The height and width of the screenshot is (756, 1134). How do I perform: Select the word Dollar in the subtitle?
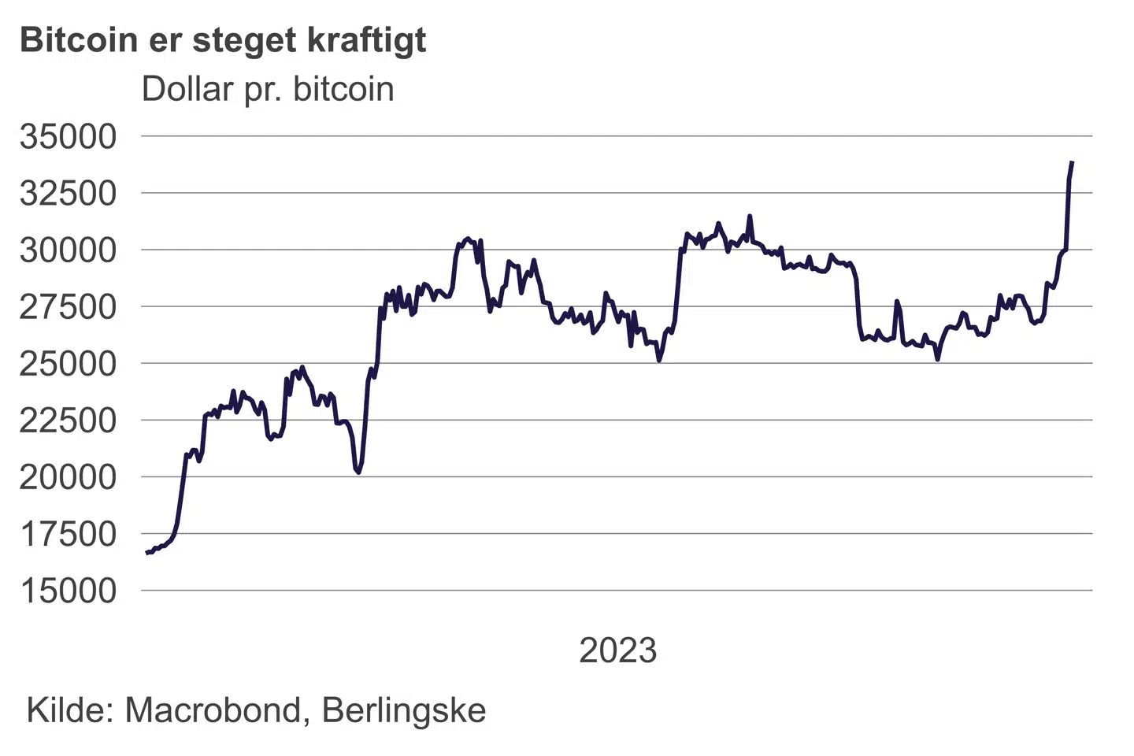pos(187,89)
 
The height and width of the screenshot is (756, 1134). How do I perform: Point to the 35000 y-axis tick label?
pos(69,136)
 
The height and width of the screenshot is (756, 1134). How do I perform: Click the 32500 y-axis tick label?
pos(69,193)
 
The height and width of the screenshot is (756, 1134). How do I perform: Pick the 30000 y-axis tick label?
pos(69,250)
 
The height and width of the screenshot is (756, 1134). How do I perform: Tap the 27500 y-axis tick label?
pos(69,306)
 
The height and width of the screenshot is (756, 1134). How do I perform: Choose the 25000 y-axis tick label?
pos(69,363)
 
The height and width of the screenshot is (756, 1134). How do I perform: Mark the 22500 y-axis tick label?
pos(69,420)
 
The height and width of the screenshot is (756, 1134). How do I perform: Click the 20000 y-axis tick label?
pos(69,476)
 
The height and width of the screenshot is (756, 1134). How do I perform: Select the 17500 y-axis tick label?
pos(69,534)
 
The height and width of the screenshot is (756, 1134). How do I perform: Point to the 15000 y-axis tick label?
pos(69,591)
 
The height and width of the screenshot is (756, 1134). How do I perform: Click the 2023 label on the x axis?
pos(617,650)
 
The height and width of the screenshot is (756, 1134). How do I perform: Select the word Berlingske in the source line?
pos(404,711)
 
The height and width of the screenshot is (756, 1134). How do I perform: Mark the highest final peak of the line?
pos(1072,163)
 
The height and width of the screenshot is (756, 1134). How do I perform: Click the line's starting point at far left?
pos(147,553)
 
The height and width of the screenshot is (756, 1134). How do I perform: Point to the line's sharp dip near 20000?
pos(358,472)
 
